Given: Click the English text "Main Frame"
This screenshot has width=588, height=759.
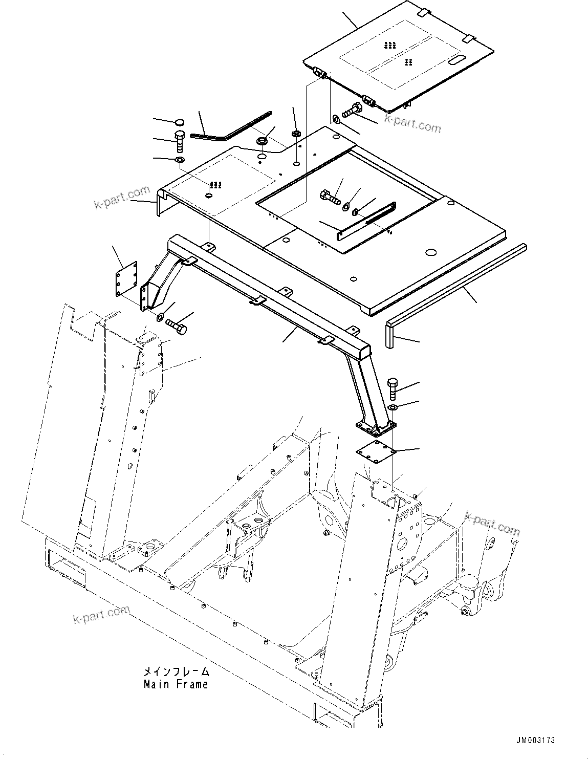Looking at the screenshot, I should click(x=176, y=684).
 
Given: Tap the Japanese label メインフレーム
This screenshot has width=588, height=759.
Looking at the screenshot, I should click(x=176, y=671).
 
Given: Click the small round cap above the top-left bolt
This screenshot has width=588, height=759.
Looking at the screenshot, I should click(x=179, y=122).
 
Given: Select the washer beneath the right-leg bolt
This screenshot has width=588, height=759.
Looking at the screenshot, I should click(x=394, y=407).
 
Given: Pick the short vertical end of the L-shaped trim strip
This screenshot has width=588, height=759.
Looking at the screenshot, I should click(x=390, y=335).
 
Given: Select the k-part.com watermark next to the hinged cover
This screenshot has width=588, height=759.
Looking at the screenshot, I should click(x=412, y=124).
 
